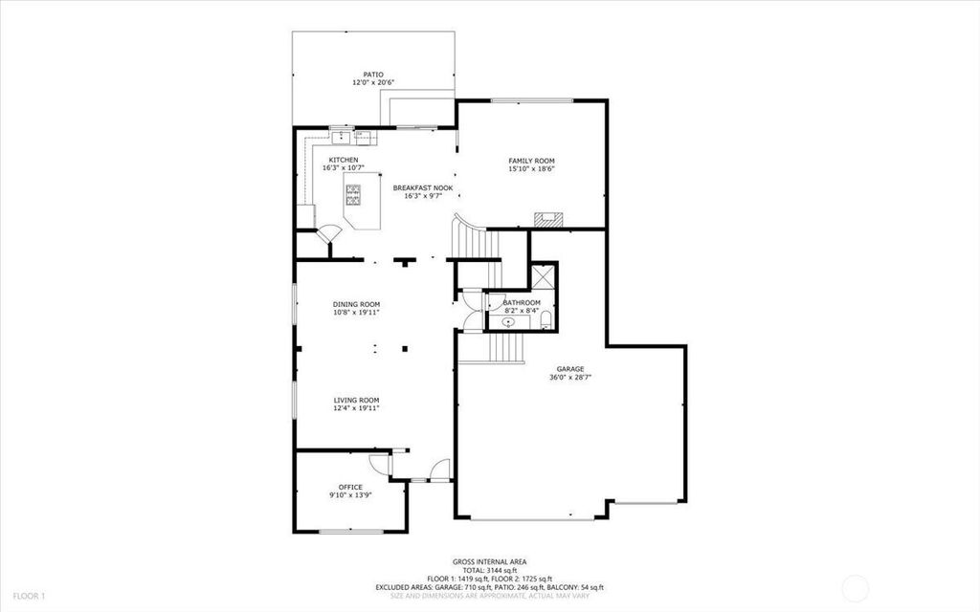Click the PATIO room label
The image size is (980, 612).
373,75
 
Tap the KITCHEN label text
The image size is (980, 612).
344,161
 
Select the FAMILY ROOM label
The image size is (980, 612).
531,161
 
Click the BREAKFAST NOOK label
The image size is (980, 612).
423,188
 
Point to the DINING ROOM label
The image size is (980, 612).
356,305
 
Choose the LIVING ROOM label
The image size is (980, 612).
356,401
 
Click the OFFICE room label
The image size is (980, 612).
350,487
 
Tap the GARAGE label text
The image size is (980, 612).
570,369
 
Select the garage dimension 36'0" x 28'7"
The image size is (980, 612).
570,377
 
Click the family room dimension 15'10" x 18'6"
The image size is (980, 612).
531,168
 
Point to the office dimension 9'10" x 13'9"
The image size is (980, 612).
350,495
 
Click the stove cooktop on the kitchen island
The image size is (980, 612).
353,195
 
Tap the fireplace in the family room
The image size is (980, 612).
548,219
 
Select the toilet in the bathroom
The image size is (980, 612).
546,319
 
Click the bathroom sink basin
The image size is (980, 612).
509,322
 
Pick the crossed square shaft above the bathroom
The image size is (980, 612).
543,276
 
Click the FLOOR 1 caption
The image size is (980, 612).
30,596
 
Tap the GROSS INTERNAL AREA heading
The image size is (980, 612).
489,562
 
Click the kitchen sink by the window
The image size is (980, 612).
342,136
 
